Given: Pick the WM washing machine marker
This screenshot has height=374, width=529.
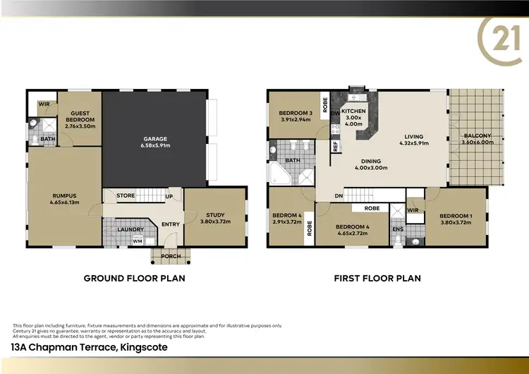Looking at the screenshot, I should (x=137, y=241).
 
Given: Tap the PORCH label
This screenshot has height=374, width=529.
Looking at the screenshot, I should (x=171, y=256).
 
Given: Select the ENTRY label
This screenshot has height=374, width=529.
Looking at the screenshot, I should (x=171, y=224).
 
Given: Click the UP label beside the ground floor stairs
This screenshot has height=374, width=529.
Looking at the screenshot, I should (x=168, y=196).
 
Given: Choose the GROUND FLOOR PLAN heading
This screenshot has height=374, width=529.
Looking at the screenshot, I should (x=134, y=278).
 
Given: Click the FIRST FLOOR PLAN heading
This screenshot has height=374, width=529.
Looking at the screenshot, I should (x=377, y=278).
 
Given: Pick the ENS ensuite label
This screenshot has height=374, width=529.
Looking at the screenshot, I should (x=398, y=229).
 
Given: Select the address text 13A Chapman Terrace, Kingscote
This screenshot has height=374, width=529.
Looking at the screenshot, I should (x=89, y=347).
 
